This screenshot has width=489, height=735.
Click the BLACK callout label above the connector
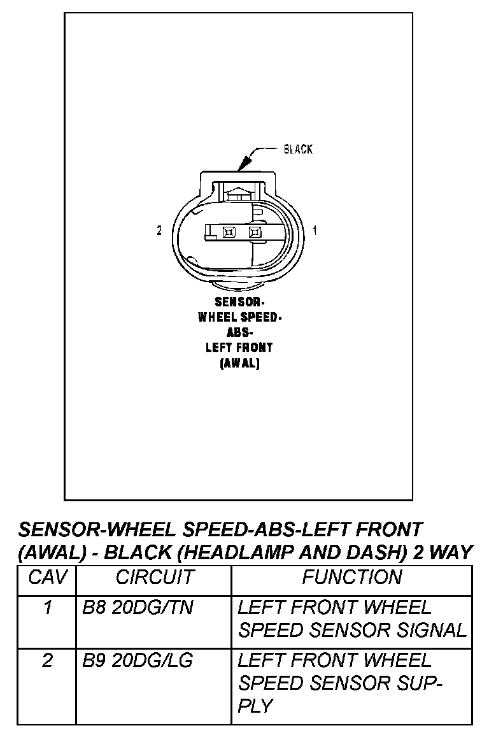pyautogui.click(x=298, y=149)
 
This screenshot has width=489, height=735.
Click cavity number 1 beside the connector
pyautogui.click(x=315, y=231)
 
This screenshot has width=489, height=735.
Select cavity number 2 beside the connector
pyautogui.click(x=159, y=231)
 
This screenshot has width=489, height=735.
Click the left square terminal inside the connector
pyautogui.click(x=229, y=232)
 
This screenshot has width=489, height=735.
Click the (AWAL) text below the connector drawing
pyautogui.click(x=239, y=364)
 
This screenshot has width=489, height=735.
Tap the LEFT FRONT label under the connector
pyautogui.click(x=239, y=348)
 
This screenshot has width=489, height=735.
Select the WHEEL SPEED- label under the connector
pyautogui.click(x=239, y=318)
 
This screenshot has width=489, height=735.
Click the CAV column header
pyautogui.click(x=46, y=577)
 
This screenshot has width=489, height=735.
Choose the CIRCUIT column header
pyautogui.click(x=154, y=577)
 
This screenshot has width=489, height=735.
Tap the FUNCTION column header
pyautogui.click(x=352, y=577)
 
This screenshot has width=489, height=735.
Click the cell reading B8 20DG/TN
pyautogui.click(x=138, y=608)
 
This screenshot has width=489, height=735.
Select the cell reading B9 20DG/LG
pyautogui.click(x=138, y=660)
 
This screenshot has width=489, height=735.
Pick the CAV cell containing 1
pyautogui.click(x=46, y=608)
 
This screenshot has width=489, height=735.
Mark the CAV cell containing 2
pyautogui.click(x=46, y=660)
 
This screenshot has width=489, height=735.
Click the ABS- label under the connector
pyautogui.click(x=239, y=333)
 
